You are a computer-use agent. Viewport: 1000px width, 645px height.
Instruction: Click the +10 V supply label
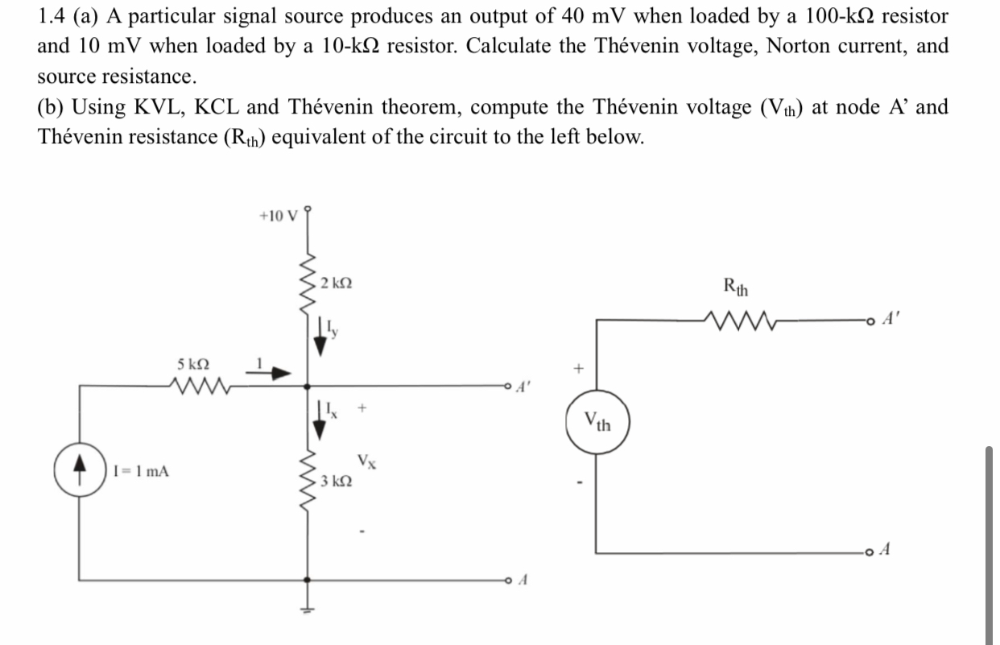pyautogui.click(x=279, y=216)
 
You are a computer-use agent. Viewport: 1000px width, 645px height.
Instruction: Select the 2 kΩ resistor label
pyautogui.click(x=335, y=283)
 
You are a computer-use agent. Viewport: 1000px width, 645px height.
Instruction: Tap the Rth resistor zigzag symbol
pyautogui.click(x=737, y=320)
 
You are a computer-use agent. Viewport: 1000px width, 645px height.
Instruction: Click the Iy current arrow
pyautogui.click(x=321, y=336)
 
